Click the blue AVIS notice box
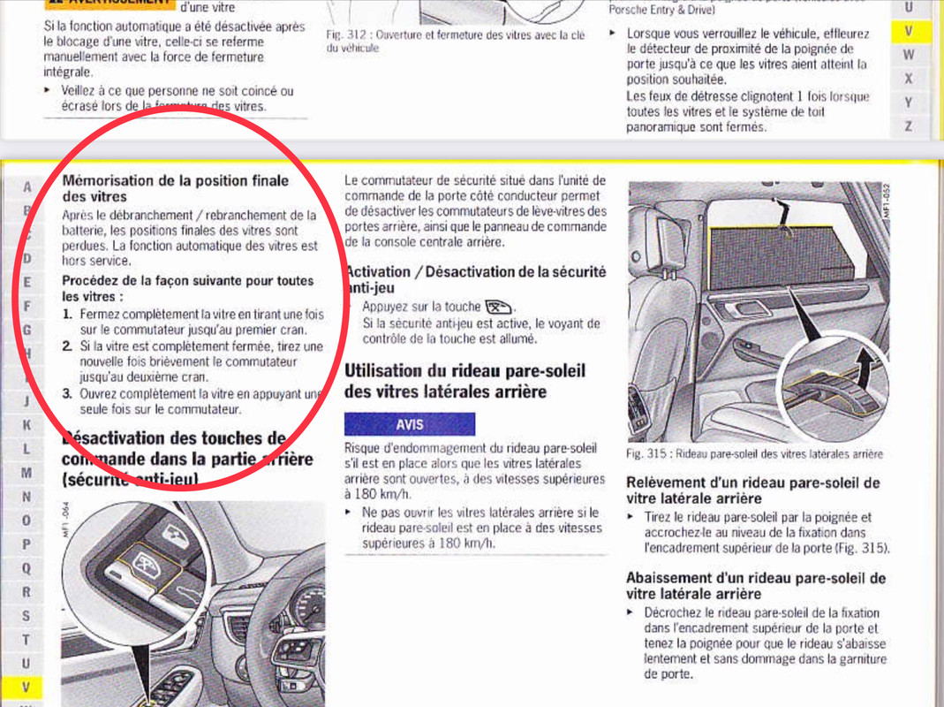[409, 424]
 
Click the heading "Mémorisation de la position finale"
[176, 180]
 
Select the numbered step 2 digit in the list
[67, 346]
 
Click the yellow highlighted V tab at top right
[909, 31]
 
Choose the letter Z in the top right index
[909, 126]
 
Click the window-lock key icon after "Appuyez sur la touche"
[499, 308]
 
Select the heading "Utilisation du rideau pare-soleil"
[464, 371]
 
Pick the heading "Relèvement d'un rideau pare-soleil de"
[752, 483]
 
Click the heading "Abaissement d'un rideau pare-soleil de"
[755, 578]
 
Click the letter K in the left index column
[26, 425]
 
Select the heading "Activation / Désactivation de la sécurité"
[475, 272]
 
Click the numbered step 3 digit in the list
[67, 393]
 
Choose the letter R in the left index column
[26, 591]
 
